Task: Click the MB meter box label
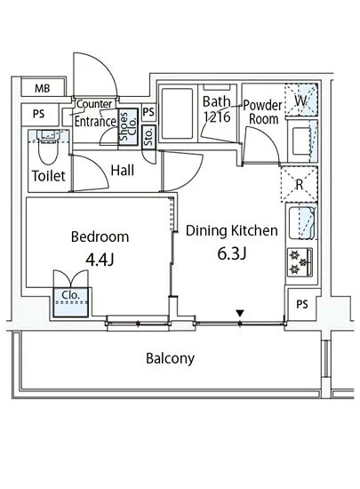click(x=43, y=88)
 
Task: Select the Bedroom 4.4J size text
click(x=100, y=260)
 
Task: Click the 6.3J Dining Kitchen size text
click(x=232, y=253)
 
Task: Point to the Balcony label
click(x=170, y=358)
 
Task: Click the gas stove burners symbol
click(x=300, y=262)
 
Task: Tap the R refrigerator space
click(x=299, y=184)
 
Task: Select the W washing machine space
click(x=301, y=100)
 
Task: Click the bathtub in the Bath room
click(x=178, y=114)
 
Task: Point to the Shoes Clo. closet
click(x=128, y=126)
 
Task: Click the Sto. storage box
click(x=148, y=137)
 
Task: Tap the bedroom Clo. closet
click(x=71, y=302)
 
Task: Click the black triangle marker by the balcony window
click(x=240, y=313)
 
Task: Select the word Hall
click(x=123, y=171)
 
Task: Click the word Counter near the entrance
click(x=94, y=103)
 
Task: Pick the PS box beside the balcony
click(x=302, y=304)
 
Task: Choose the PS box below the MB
click(x=40, y=115)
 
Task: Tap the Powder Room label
click(x=263, y=112)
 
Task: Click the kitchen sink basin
click(x=301, y=222)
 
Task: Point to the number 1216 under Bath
click(x=217, y=117)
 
